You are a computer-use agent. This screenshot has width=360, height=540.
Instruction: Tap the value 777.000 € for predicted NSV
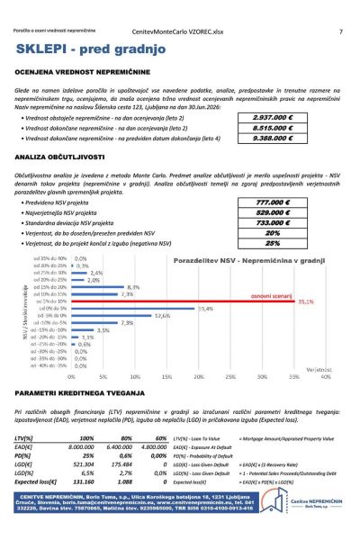(x=274, y=202)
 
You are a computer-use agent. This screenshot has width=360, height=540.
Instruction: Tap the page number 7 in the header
(x=340, y=31)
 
